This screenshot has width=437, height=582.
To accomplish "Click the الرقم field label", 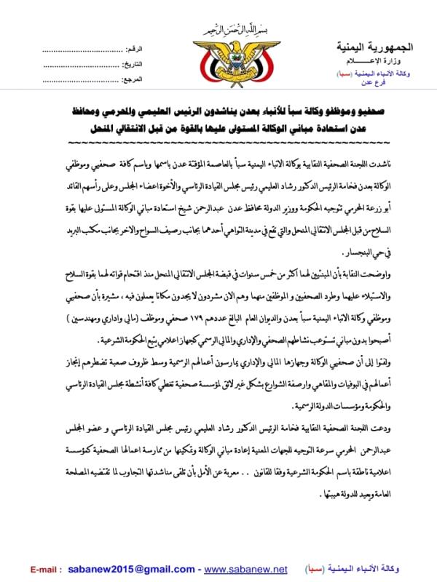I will (135, 49).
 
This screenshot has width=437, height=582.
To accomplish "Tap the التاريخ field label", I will (133, 64).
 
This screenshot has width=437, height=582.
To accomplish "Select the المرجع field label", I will (133, 78).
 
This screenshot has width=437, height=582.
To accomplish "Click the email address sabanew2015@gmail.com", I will (117, 568).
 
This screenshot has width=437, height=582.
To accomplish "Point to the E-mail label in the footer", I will (46, 568).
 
